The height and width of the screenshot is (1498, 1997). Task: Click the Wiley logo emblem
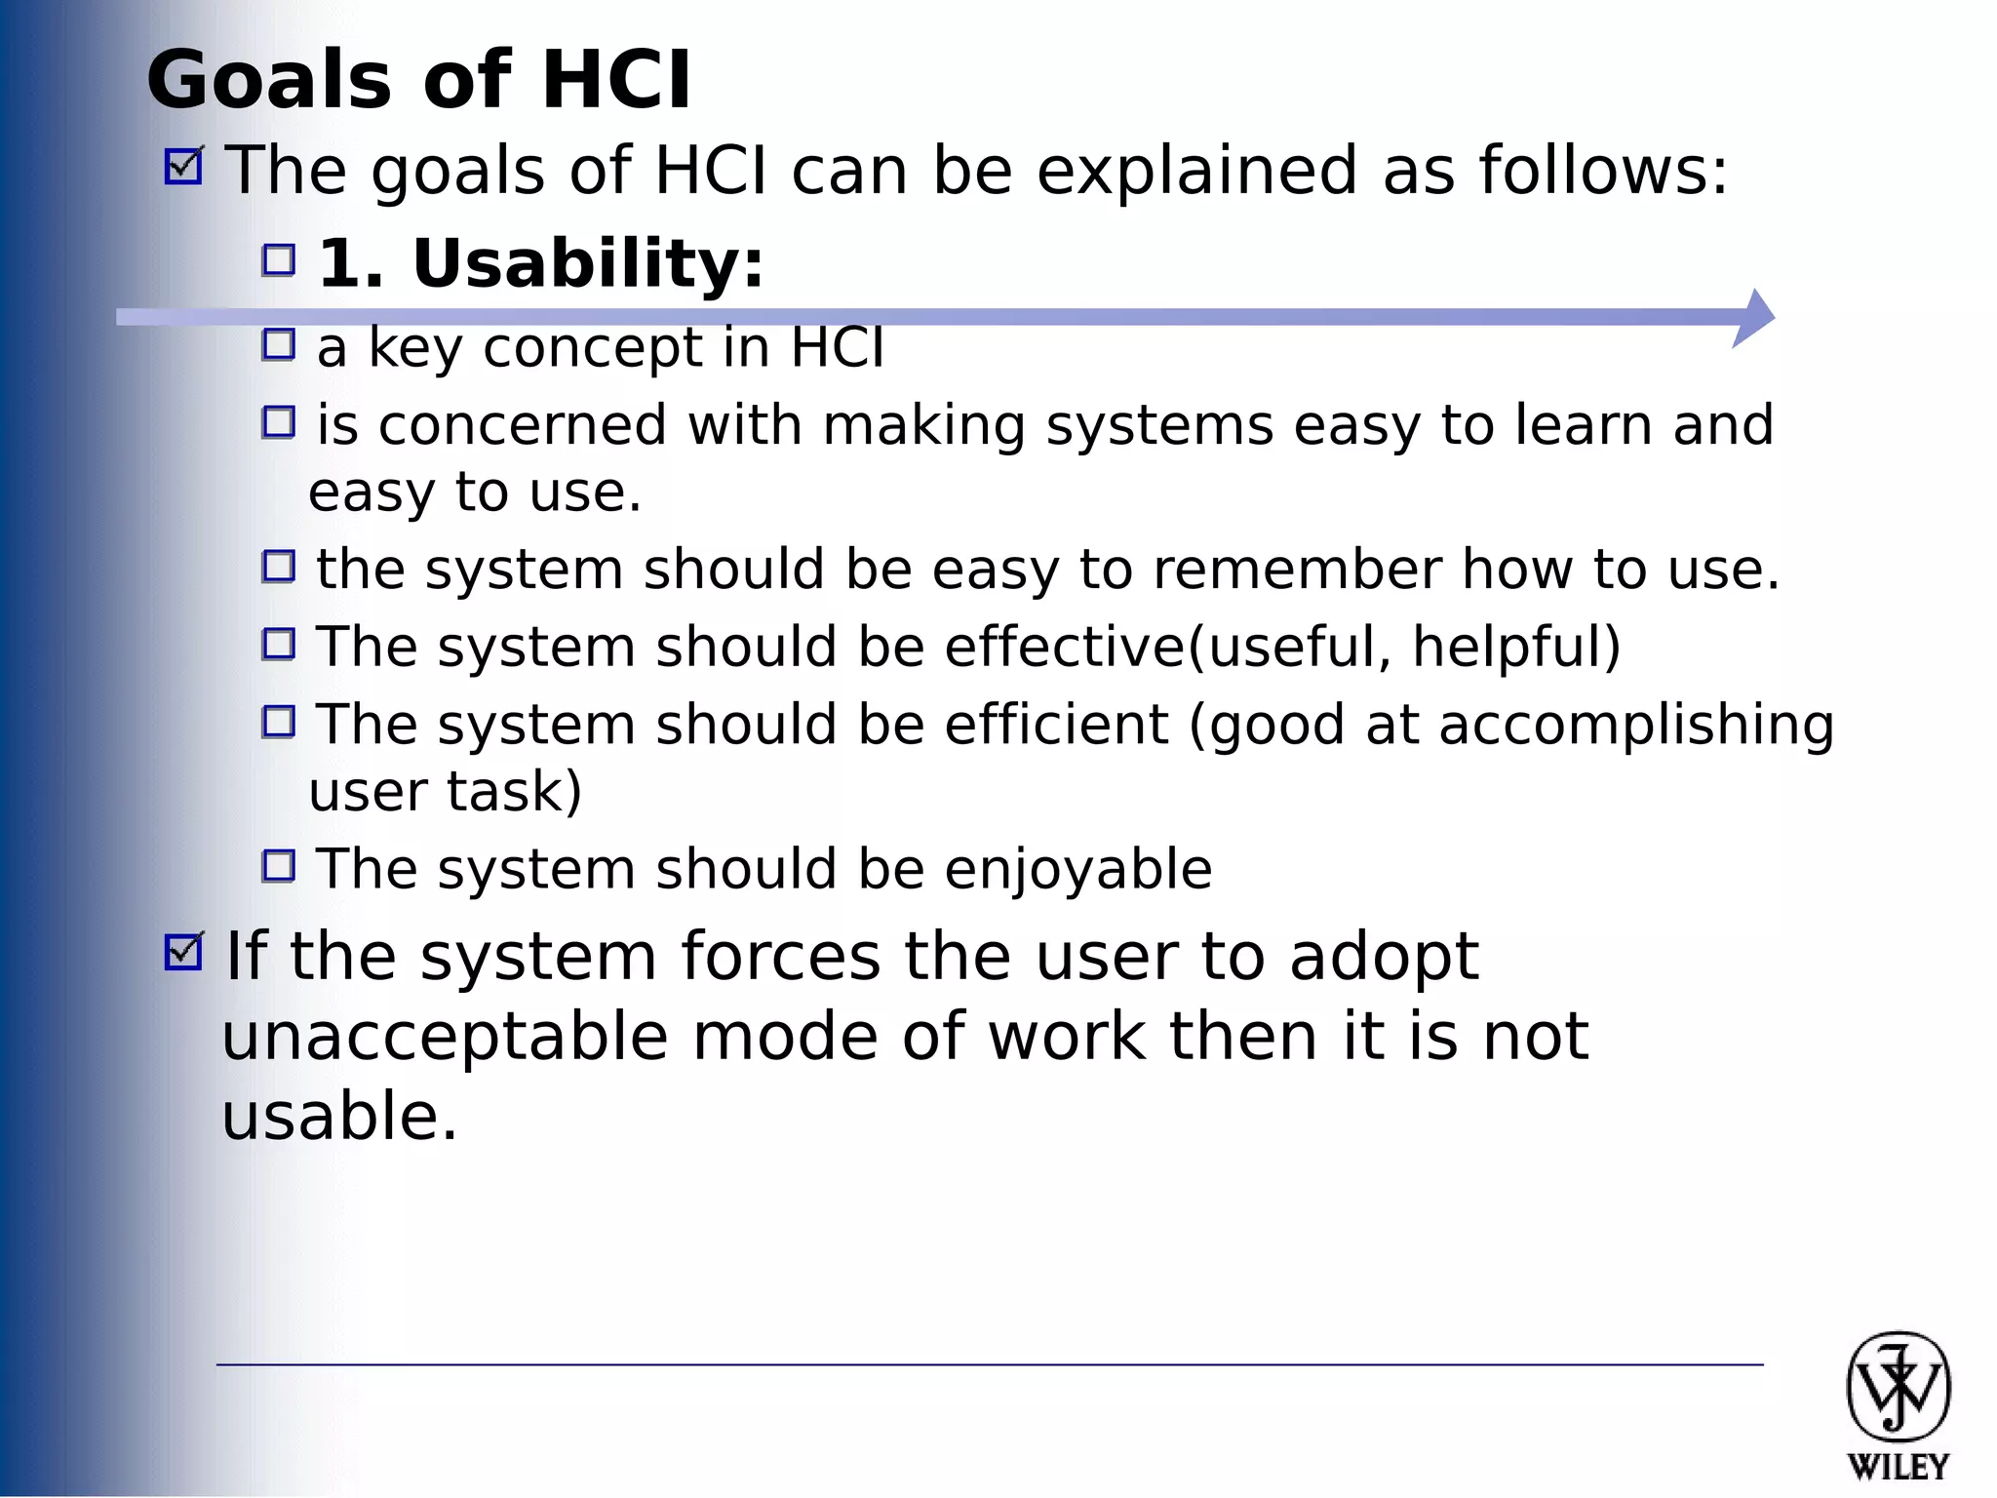1898,1387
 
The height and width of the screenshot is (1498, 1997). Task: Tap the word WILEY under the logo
1898,1467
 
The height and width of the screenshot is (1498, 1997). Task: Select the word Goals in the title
268,80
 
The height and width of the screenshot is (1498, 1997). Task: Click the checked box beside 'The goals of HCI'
183,166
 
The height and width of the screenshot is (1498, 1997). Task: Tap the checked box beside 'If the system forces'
183,952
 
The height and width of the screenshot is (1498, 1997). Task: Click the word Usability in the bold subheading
588,263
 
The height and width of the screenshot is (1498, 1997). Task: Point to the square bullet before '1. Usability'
279,259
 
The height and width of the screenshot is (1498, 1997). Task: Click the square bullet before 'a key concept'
279,344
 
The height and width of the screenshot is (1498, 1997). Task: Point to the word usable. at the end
339,1116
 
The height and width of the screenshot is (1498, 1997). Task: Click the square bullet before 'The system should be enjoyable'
279,865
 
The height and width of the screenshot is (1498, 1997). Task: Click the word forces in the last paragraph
781,956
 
